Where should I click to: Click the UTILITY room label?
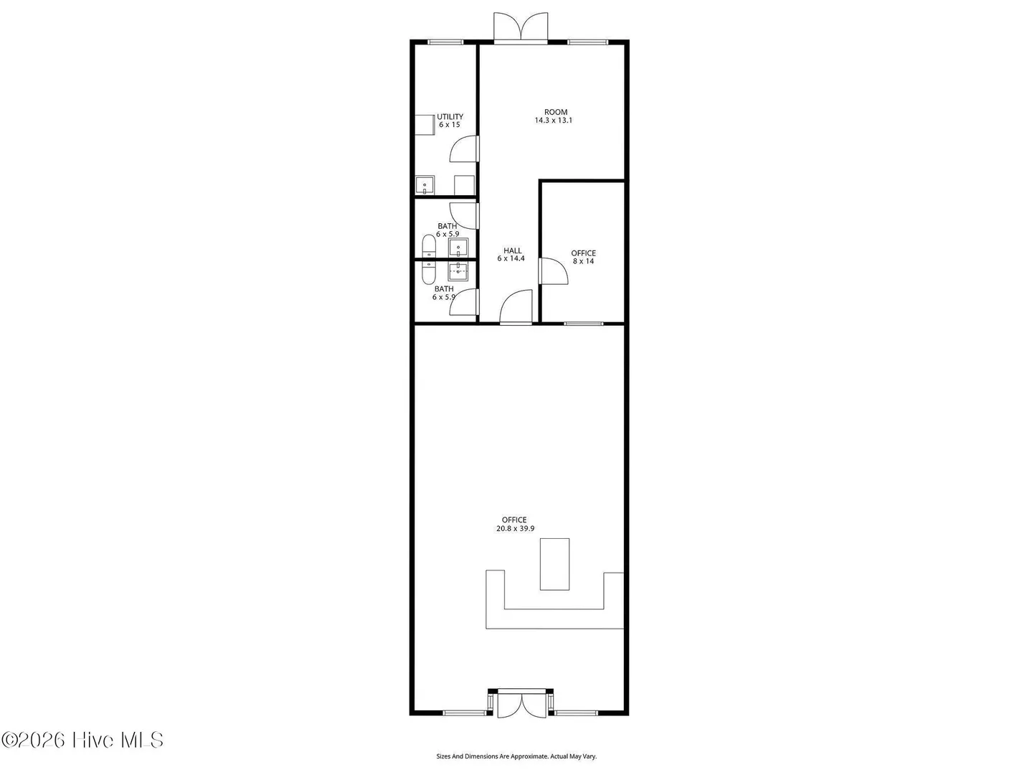click(x=450, y=116)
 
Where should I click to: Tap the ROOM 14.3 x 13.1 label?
click(x=554, y=116)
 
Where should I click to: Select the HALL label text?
click(x=512, y=251)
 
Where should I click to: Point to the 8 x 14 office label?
click(x=583, y=261)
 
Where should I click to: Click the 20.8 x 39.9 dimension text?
click(x=515, y=528)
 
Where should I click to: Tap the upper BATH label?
click(x=448, y=226)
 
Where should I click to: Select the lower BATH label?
click(x=444, y=288)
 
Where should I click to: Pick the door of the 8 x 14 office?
click(x=553, y=271)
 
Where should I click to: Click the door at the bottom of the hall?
click(x=516, y=306)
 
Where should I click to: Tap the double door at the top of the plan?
click(x=521, y=27)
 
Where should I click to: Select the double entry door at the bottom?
click(x=521, y=705)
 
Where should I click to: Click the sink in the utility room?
click(x=425, y=185)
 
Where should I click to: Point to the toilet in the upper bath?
click(x=428, y=246)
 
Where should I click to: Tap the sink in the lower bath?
click(x=458, y=271)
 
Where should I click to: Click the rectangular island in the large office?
click(x=555, y=564)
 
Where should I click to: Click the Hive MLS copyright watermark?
click(x=82, y=740)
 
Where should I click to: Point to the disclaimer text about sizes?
click(x=516, y=756)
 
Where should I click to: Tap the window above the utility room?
click(x=445, y=42)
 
